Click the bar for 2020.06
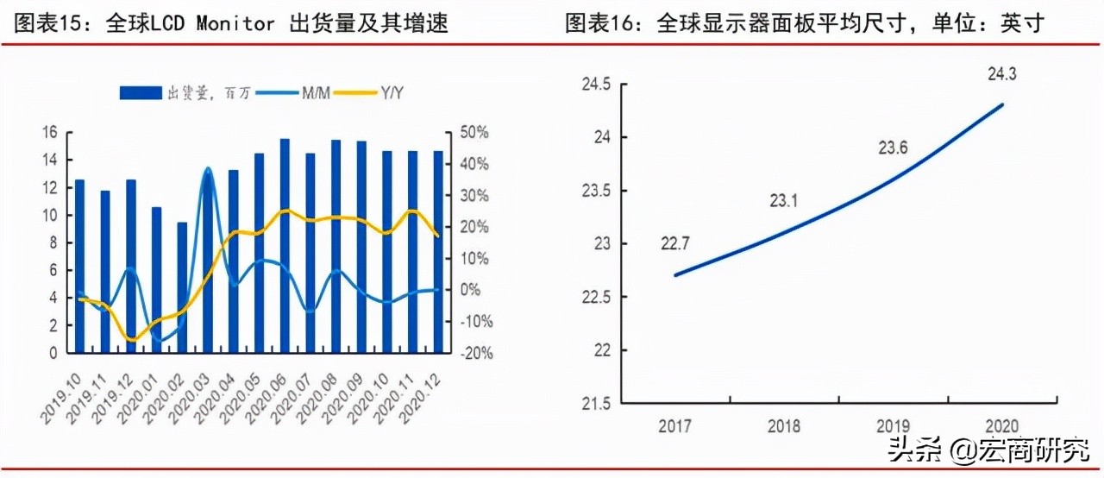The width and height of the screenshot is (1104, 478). tap(285, 246)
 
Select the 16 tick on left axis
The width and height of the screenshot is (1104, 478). tap(49, 132)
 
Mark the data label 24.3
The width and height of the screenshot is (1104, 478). tap(1001, 75)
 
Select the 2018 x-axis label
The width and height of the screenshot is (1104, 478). tap(782, 426)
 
